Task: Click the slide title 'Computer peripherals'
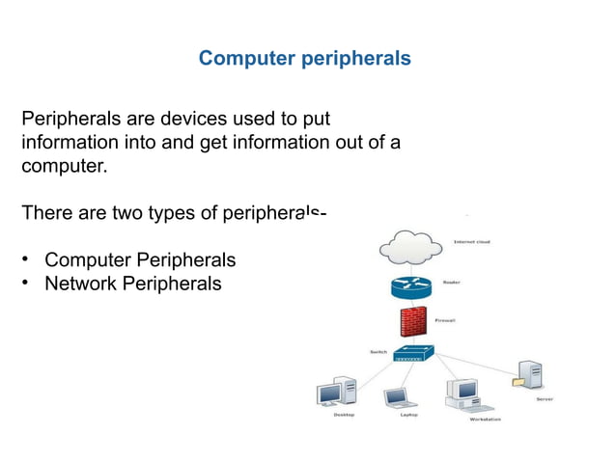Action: tap(304, 59)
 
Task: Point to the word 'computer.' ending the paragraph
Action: tap(64, 166)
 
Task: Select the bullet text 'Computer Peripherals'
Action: tap(140, 260)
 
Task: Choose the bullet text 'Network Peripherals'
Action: tap(133, 284)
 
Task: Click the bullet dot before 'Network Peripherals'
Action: tap(28, 284)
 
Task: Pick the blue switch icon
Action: tap(414, 353)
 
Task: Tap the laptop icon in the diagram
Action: tap(396, 397)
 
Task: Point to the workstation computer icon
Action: tap(462, 393)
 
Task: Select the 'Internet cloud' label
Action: tap(472, 241)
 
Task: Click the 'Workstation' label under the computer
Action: tap(485, 420)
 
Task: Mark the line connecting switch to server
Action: tap(475, 363)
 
